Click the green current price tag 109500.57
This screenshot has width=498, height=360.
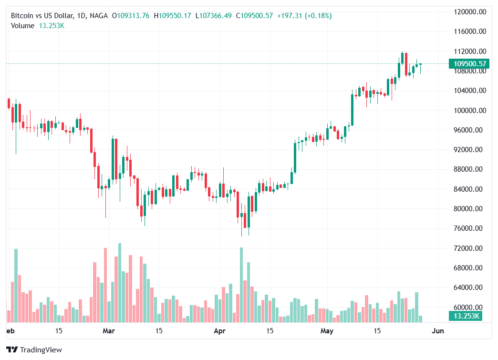pos(470,63)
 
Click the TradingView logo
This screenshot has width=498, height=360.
pos(35,350)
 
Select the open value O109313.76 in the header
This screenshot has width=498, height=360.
pos(131,16)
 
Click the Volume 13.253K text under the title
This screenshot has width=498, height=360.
pos(38,26)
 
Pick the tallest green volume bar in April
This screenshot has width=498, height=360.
pos(241,285)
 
